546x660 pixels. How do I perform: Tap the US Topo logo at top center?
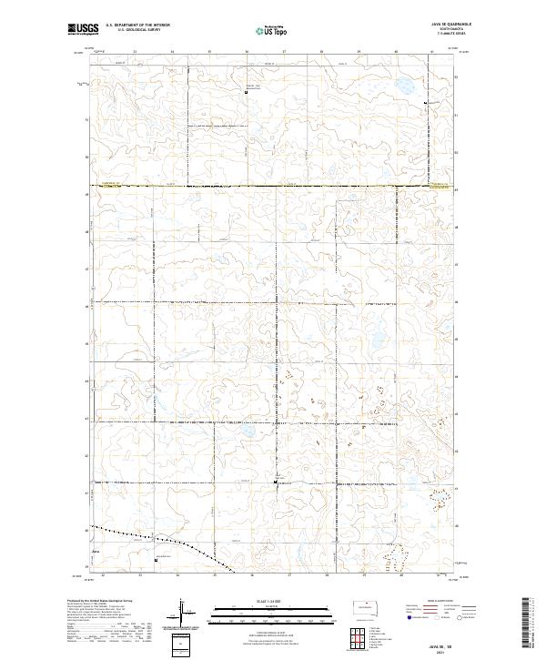tap(272, 29)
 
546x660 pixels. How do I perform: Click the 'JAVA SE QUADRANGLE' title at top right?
tap(444, 25)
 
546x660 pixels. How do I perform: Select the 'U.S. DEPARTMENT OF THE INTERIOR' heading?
tap(137, 25)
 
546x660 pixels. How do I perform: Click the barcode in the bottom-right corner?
tap(528, 624)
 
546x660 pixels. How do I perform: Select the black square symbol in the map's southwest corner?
tap(156, 560)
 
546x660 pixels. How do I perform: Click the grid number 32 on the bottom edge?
tap(104, 575)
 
